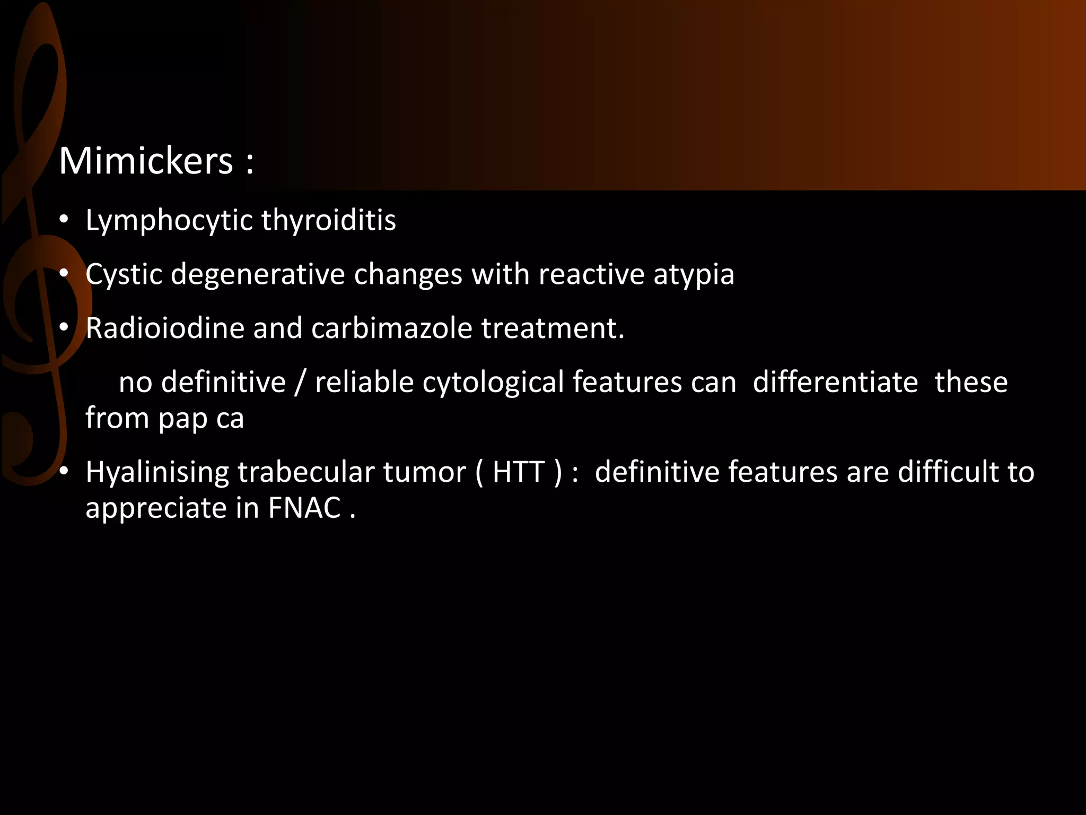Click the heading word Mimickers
point(146,161)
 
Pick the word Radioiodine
point(165,328)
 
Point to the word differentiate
point(835,382)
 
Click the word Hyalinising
point(157,473)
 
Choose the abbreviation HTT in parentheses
point(519,472)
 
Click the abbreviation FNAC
point(304,508)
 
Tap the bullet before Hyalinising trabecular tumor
point(64,472)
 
